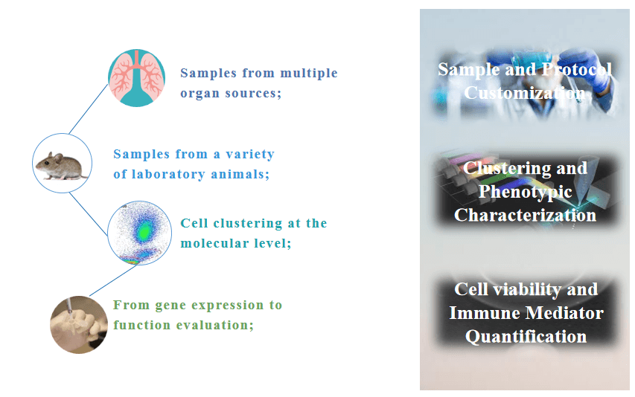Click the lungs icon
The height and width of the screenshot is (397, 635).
coord(136,78)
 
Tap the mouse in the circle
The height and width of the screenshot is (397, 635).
coord(62,166)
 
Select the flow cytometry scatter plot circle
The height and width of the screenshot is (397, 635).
coord(140,233)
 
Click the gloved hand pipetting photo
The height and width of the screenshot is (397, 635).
coord(79,325)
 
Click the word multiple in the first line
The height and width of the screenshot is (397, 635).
coord(309,73)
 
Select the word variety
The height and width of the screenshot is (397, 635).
coord(250,155)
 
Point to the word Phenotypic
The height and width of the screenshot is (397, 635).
coord(526,192)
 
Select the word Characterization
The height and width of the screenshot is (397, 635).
coord(526,215)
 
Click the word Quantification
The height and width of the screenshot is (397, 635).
coord(526,336)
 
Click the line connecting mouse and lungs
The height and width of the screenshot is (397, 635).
coord(89,109)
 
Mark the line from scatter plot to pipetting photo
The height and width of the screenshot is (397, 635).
coord(113,280)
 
